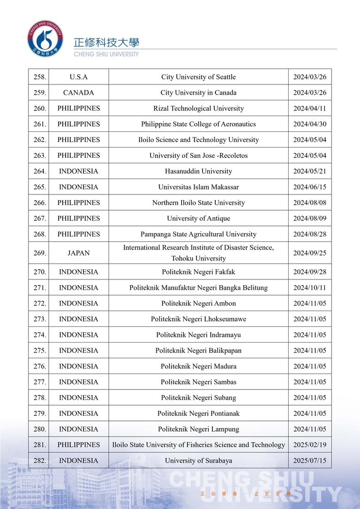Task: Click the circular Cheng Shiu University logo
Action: pos(45,39)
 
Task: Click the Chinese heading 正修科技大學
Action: pos(106,43)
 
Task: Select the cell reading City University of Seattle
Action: pos(198,77)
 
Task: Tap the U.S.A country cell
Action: pos(78,77)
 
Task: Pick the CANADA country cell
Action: pos(78,93)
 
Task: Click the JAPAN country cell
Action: pos(78,252)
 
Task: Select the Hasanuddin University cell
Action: pos(198,171)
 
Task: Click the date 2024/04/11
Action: pos(310,108)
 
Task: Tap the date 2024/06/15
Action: pos(310,187)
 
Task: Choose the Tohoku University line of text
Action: pos(198,258)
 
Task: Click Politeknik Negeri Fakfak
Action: pos(198,272)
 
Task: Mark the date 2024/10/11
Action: pos(310,288)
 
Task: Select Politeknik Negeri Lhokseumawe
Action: pos(198,319)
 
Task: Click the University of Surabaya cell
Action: pos(198,461)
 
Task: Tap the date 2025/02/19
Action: pos(310,445)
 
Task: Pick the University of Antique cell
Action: pos(198,218)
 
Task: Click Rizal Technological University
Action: pos(198,108)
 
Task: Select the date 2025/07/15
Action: pos(310,461)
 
